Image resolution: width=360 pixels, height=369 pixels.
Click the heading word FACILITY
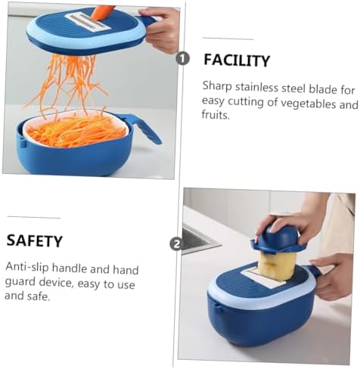pyautogui.click(x=237, y=60)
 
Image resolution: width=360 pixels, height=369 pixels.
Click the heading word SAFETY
pyautogui.click(x=34, y=240)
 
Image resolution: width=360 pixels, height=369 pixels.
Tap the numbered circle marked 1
pyautogui.click(x=182, y=59)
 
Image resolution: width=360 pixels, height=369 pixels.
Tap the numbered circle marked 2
pyautogui.click(x=176, y=243)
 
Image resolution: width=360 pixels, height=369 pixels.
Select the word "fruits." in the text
pyautogui.click(x=216, y=115)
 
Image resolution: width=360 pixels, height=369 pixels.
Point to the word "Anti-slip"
pyautogui.click(x=26, y=266)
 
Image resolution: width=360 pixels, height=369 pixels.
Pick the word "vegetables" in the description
pyautogui.click(x=309, y=104)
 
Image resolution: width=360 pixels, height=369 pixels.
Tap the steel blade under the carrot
pyautogui.click(x=88, y=22)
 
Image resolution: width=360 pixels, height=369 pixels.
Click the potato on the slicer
pyautogui.click(x=278, y=265)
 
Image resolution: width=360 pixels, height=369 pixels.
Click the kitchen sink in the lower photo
pyautogui.click(x=197, y=240)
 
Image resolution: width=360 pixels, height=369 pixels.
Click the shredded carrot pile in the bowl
pyautogui.click(x=76, y=132)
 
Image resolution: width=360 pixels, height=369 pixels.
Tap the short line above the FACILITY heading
pyautogui.click(x=228, y=39)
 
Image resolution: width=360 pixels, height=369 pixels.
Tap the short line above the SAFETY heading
pyautogui.click(x=34, y=217)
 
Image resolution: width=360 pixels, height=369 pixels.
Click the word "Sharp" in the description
pyautogui.click(x=217, y=87)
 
